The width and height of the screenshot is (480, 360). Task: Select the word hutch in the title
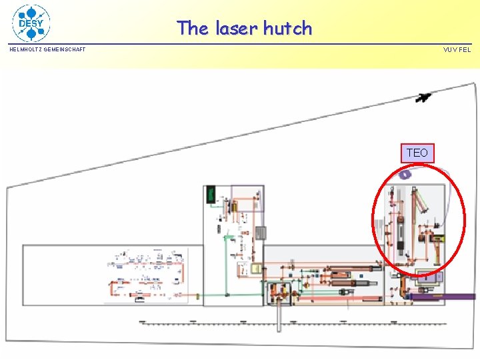(287, 28)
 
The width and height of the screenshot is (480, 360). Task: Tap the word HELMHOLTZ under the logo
(25, 49)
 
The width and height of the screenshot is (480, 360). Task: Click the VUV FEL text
(457, 49)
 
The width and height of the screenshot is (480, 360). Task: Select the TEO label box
(417, 153)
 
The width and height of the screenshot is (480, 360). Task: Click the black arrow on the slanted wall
(423, 98)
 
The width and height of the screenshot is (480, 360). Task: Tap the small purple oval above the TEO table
(405, 175)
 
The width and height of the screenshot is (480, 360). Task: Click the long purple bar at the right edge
(443, 297)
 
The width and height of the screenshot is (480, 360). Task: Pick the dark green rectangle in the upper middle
(211, 194)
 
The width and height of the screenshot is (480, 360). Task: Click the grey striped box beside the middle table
(261, 233)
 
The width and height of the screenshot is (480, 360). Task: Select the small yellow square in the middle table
(255, 268)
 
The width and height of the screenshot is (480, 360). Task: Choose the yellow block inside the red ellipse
(438, 237)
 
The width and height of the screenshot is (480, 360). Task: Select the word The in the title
(193, 28)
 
